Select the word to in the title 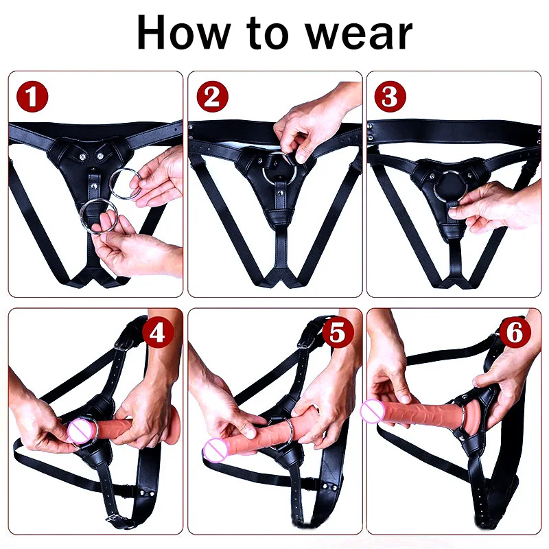[x=268, y=33]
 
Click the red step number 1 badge [x=34, y=97]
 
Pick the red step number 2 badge [x=212, y=97]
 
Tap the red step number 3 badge [x=389, y=97]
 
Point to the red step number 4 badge [x=157, y=334]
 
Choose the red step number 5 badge [x=336, y=333]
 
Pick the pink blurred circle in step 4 [x=80, y=432]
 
